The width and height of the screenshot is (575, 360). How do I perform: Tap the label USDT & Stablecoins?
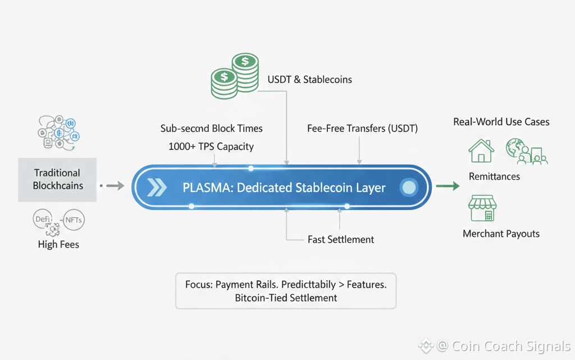pyautogui.click(x=309, y=79)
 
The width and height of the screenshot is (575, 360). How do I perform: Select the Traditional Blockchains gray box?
pyautogui.click(x=57, y=179)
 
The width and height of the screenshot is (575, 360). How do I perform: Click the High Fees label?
pyautogui.click(x=58, y=244)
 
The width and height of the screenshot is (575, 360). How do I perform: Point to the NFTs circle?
pyautogui.click(x=74, y=220)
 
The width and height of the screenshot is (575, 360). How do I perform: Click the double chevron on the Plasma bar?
pyautogui.click(x=157, y=188)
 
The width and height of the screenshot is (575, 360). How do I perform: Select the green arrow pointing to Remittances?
pyautogui.click(x=448, y=186)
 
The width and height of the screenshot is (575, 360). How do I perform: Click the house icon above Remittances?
pyautogui.click(x=481, y=150)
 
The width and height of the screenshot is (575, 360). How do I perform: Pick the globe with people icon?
pyautogui.click(x=526, y=151)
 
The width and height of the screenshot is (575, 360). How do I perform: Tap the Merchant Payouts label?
pyautogui.click(x=501, y=234)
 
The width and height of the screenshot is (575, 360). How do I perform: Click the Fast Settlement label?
pyautogui.click(x=341, y=239)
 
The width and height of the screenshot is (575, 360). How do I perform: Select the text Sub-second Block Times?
pyautogui.click(x=211, y=128)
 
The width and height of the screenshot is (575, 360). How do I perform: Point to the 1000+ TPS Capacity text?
pyautogui.click(x=211, y=147)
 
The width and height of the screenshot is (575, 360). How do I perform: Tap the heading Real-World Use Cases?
pyautogui.click(x=501, y=121)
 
